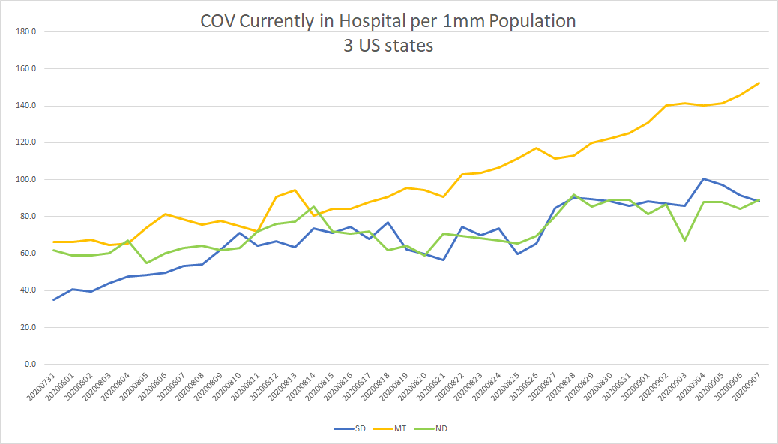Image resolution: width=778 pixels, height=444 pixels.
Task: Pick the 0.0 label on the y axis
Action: tap(31, 364)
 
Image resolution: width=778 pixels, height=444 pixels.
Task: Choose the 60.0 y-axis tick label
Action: tap(29, 253)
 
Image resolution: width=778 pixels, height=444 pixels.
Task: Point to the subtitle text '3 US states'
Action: tap(388, 45)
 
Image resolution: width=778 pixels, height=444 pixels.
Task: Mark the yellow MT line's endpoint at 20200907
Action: tap(759, 82)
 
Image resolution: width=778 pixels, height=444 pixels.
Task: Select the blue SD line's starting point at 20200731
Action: tap(54, 300)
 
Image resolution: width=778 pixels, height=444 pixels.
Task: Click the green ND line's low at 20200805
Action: tap(146, 262)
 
